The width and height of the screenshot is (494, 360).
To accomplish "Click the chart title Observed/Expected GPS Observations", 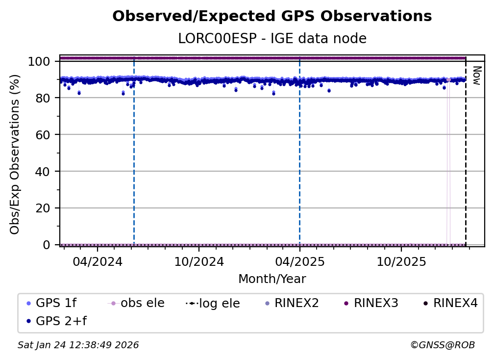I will pos(272,17).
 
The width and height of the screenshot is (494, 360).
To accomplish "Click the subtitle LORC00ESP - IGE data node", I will pos(272,39).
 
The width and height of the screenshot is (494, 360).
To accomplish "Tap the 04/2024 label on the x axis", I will pos(97,261).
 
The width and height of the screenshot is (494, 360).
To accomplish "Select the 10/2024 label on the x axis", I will pos(198,261).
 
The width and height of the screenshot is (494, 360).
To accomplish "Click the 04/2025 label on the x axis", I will pos(299,261).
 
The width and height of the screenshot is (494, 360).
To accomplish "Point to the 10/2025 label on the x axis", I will pos(401,261).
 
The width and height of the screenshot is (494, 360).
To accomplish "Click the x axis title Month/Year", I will pos(272,279).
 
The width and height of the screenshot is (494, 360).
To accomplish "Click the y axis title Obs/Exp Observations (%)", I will pos(15,154).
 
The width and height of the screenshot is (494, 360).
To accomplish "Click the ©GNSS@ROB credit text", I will pos(442,345).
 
